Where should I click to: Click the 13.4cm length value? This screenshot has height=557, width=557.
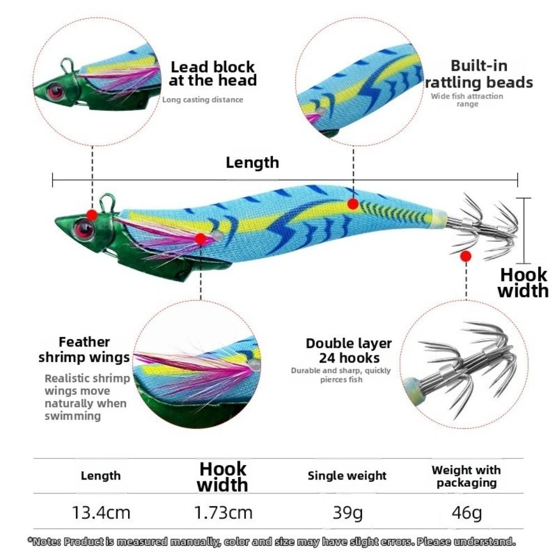101,512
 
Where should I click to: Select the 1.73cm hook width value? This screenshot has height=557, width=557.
223,512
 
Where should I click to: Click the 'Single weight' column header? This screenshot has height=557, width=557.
347,476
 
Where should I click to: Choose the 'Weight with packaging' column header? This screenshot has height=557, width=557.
466,476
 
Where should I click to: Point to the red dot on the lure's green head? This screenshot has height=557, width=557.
92,215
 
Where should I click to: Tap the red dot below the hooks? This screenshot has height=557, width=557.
465,256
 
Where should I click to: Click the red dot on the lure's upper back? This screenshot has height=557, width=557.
353,204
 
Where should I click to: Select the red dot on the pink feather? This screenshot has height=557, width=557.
201,239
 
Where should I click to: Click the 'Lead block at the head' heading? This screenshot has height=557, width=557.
213,74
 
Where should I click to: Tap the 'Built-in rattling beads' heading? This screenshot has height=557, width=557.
479,74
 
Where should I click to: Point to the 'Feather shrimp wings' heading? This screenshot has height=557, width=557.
84,350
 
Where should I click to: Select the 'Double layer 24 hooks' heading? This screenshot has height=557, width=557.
349,350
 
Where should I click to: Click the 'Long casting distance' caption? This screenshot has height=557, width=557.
203,100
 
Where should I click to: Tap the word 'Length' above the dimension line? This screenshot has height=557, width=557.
252,163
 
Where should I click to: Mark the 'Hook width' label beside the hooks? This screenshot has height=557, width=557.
523,283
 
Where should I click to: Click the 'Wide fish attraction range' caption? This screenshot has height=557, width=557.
467,100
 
